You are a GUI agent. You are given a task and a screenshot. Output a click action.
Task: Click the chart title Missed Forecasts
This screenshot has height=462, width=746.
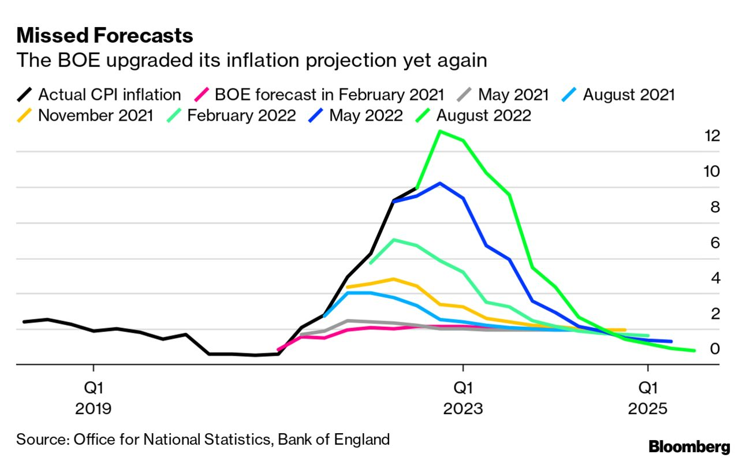pyautogui.click(x=105, y=36)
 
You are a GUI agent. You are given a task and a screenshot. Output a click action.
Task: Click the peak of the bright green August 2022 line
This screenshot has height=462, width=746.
pyautogui.click(x=439, y=131)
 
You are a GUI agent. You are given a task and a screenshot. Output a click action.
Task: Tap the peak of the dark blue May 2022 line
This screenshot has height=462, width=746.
pyautogui.click(x=439, y=183)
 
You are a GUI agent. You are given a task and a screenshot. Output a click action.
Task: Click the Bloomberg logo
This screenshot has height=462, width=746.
pyautogui.click(x=689, y=446)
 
